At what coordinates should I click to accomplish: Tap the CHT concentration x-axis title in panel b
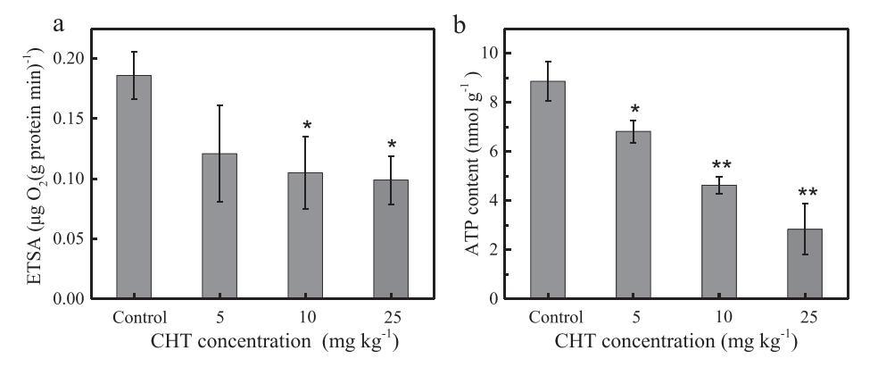coord(675,343)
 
